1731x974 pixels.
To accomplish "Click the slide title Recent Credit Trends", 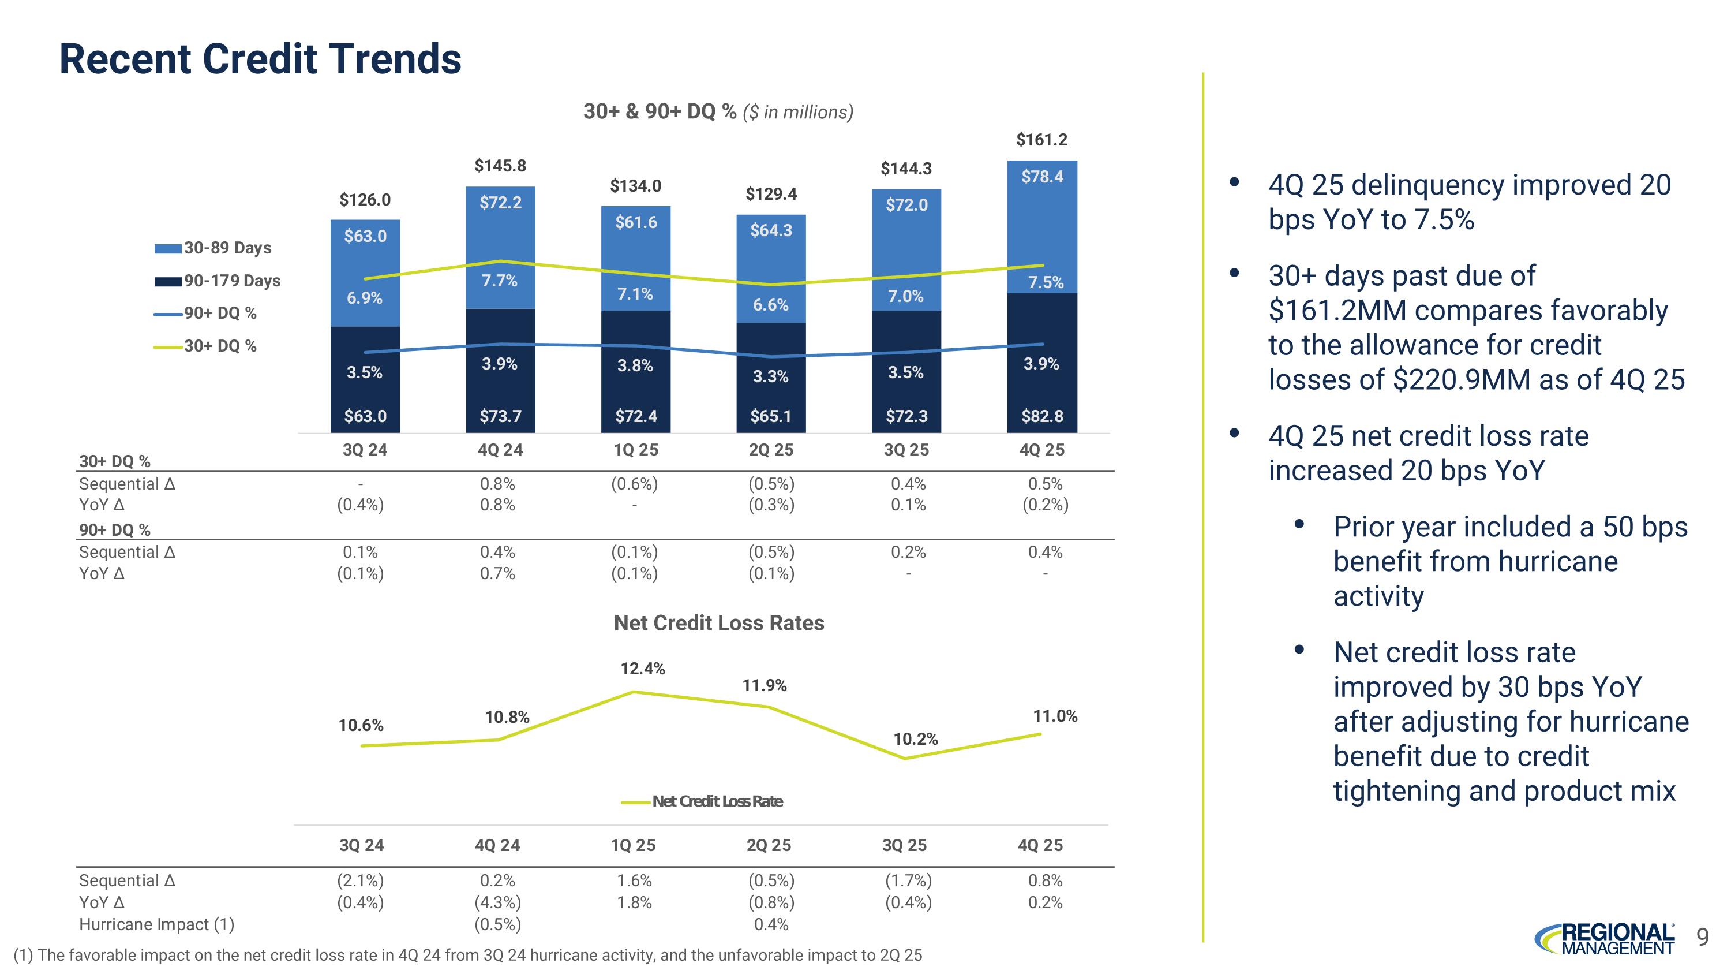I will [x=260, y=59].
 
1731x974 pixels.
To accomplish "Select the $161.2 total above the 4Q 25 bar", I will [x=1041, y=140].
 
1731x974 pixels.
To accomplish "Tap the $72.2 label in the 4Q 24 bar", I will [x=500, y=202].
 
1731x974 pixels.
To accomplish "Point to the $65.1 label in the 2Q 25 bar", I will [x=770, y=416].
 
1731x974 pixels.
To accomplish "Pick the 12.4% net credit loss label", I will [x=642, y=668].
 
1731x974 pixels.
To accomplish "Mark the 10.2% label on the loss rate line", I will [x=915, y=740].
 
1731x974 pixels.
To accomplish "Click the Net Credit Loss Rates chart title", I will [x=718, y=623].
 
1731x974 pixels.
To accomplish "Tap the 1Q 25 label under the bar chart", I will [x=636, y=450].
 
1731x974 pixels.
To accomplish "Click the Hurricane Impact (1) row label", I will [x=156, y=924].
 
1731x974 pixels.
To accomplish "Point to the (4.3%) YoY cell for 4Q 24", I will [x=497, y=902].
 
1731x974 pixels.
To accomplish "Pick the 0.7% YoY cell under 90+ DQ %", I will [x=497, y=573].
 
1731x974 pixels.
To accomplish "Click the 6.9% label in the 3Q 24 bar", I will [x=364, y=298].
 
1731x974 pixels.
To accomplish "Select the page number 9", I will [x=1702, y=936].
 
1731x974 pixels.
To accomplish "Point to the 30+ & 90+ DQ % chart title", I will [x=718, y=111].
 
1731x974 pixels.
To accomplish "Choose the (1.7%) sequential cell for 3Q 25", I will [x=908, y=880].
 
